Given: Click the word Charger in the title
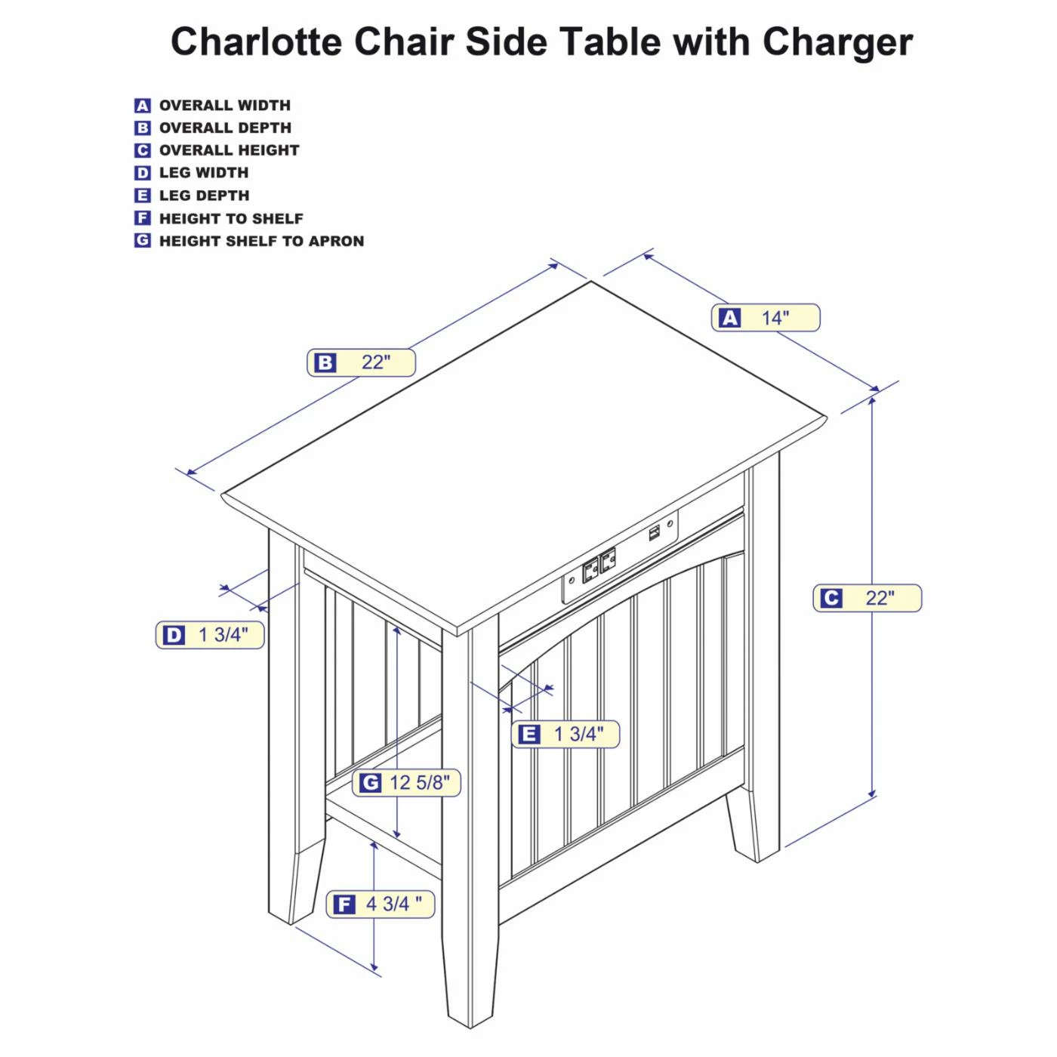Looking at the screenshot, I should (837, 42).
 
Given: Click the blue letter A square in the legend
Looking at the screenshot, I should (143, 106).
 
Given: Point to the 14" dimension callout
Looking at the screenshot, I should (765, 318).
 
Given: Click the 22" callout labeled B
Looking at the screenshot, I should (361, 362).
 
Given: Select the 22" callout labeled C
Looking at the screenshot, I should (867, 598).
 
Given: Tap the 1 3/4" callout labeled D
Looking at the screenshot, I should (210, 635).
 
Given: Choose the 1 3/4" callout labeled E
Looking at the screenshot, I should (565, 734).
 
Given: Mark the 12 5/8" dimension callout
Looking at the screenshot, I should (406, 783).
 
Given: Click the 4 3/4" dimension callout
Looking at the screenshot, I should (381, 904).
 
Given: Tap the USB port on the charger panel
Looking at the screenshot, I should (654, 533).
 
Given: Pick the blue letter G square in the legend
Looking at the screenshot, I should (143, 241).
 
